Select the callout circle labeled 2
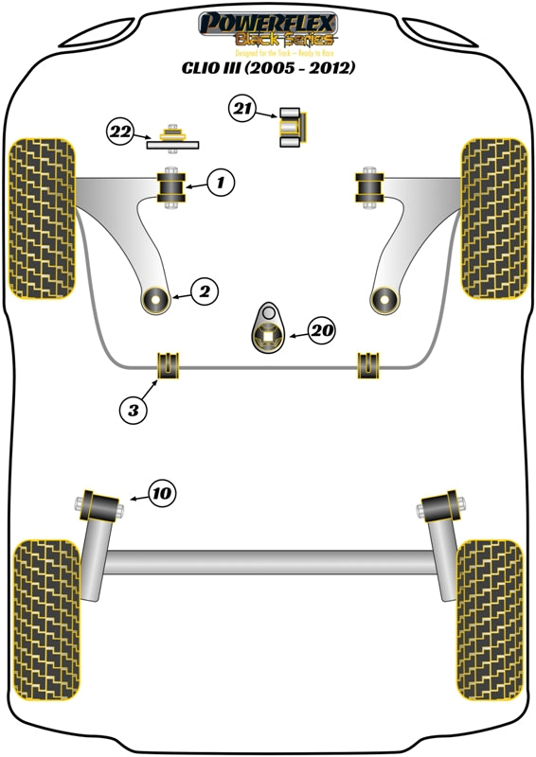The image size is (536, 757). [204, 292]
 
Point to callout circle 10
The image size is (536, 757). [161, 492]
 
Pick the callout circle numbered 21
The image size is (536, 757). [242, 111]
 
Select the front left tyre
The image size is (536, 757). [41, 218]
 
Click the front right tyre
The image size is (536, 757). [493, 218]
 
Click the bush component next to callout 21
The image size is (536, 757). [290, 127]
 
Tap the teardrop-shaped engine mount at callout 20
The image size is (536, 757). [269, 331]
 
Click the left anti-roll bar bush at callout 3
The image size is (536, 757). [169, 362]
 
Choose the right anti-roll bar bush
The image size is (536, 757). [366, 363]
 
